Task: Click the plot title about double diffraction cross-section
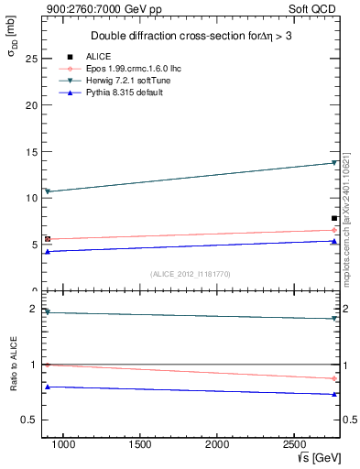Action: pyautogui.click(x=193, y=36)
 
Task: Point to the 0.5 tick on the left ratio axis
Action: pyautogui.click(x=28, y=420)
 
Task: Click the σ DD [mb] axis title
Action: pyautogui.click(x=12, y=62)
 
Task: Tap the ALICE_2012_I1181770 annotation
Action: pyautogui.click(x=190, y=274)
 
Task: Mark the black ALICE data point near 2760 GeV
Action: pyautogui.click(x=334, y=218)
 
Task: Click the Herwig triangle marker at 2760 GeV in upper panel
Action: pyautogui.click(x=334, y=163)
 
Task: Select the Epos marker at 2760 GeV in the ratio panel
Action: pyautogui.click(x=334, y=378)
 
